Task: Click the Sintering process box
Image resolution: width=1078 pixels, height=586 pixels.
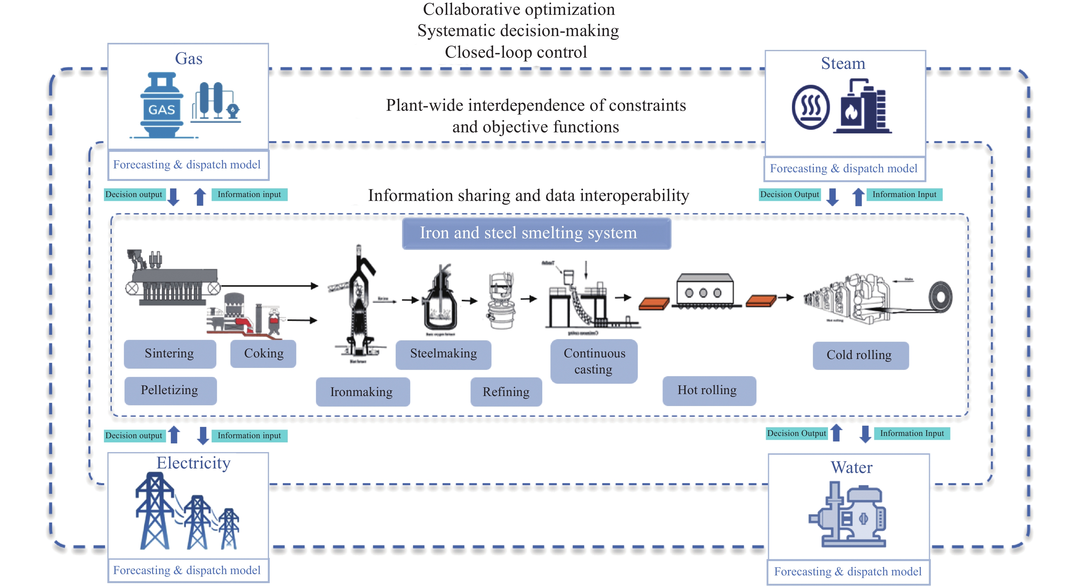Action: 170,354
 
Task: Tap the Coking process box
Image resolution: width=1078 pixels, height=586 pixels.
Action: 263,354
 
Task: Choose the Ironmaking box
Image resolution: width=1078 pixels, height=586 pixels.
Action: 362,392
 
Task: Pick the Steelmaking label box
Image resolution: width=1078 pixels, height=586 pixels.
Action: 443,354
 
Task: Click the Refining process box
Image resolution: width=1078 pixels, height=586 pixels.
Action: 506,392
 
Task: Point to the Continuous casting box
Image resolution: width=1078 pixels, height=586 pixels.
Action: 594,361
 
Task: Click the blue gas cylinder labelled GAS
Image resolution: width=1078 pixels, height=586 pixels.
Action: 161,107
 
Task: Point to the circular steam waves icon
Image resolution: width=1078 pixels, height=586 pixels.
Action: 811,107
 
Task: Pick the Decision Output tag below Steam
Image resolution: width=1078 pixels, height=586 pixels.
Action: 790,194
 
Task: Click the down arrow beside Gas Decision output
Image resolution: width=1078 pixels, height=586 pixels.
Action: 173,197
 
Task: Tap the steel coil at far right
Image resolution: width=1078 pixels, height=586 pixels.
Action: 941,298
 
